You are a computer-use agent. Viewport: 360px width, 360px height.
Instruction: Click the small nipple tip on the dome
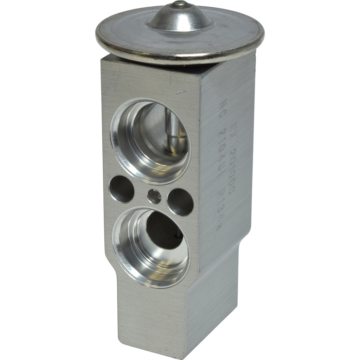180,4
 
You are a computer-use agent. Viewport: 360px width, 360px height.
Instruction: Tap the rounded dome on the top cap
180,18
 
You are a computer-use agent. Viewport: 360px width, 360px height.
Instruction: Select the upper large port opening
150,141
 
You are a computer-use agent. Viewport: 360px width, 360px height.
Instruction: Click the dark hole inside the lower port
164,230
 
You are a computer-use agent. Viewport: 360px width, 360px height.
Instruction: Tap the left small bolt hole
122,189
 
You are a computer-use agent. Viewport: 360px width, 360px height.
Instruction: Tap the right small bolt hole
180,202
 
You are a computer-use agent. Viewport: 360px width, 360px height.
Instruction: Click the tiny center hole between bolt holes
154,196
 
